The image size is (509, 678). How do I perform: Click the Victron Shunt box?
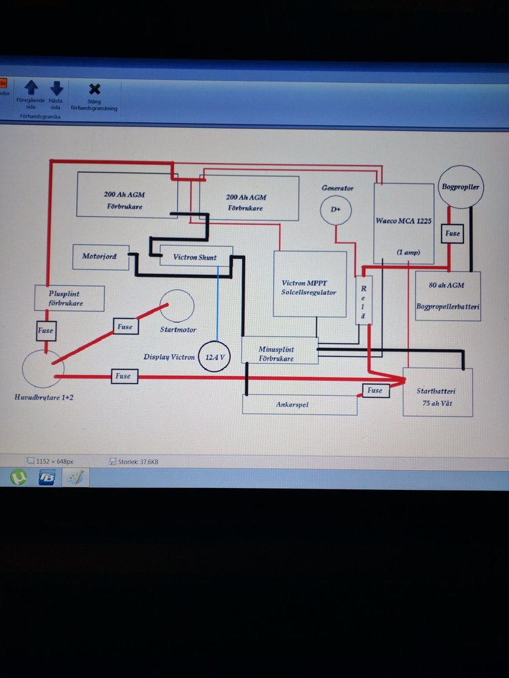[196, 256]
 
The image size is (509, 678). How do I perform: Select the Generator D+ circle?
[336, 209]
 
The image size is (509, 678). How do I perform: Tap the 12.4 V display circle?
[215, 356]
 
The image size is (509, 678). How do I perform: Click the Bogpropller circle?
[461, 187]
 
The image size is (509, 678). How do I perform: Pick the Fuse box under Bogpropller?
[453, 234]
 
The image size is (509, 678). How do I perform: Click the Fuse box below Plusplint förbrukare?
[46, 330]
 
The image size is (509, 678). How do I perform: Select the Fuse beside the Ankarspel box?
[375, 390]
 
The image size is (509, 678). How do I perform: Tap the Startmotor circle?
[178, 306]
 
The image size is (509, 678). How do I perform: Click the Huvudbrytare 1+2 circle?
[42, 369]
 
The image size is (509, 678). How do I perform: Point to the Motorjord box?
[101, 256]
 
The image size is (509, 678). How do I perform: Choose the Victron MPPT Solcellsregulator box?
[310, 284]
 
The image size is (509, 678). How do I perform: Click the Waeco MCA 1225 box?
[404, 223]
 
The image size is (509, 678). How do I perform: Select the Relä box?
[363, 300]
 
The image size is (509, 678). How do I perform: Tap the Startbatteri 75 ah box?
[437, 392]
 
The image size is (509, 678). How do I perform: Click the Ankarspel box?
[299, 405]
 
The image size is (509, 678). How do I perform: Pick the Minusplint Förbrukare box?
[279, 350]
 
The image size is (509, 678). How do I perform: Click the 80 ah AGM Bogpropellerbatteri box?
[447, 296]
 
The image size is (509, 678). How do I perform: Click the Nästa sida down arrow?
[56, 88]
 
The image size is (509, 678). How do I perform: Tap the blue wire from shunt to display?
[218, 305]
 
